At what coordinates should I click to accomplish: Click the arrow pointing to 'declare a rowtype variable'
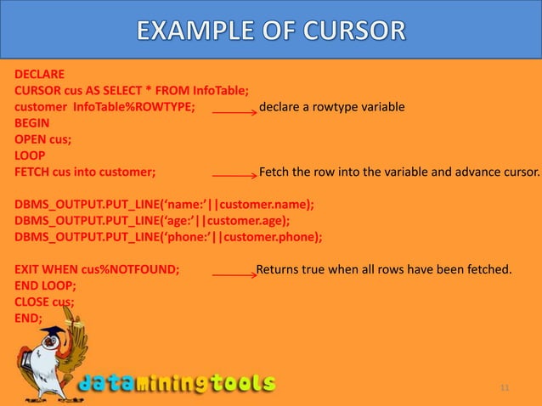(234, 110)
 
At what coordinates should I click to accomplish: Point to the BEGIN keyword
(31, 123)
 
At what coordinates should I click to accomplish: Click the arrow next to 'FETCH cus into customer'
(234, 175)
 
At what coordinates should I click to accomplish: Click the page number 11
(505, 388)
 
